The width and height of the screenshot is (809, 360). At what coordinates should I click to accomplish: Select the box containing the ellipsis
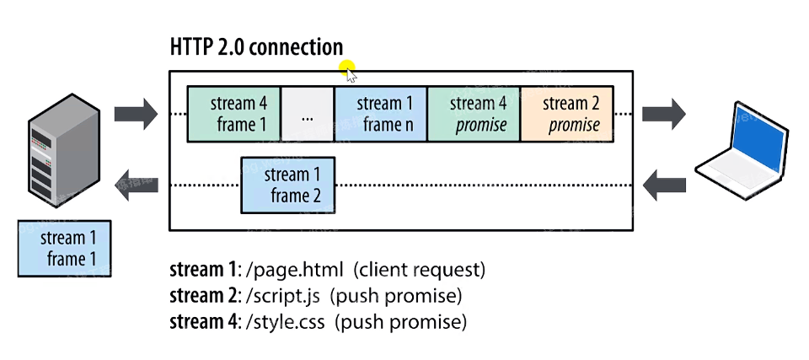coord(307,114)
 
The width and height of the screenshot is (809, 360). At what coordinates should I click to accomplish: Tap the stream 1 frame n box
coord(381,114)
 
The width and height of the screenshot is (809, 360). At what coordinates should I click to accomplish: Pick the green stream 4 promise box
coord(474,114)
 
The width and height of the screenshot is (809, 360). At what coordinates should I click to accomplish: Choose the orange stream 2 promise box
coord(566,114)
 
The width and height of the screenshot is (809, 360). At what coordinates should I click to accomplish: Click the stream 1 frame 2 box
coord(287,185)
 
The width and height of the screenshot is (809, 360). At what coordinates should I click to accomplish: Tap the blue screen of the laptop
coord(761,140)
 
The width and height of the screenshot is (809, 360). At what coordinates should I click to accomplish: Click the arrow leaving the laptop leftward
coord(663,185)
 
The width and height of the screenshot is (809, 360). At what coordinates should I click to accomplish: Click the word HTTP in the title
coord(192,47)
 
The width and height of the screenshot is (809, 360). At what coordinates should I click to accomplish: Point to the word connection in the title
coord(297,47)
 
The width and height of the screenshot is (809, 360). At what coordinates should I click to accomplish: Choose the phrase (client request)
coord(420,271)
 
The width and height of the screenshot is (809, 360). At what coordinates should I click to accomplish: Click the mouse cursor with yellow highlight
coord(348,71)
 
